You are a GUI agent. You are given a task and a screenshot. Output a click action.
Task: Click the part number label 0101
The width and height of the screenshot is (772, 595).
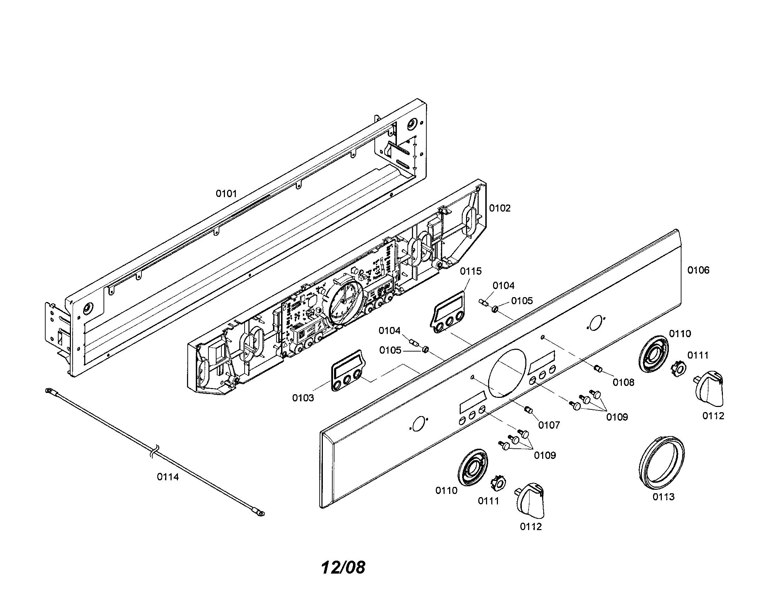tap(226, 194)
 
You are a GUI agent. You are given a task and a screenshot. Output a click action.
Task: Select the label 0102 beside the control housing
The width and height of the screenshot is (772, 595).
tap(500, 208)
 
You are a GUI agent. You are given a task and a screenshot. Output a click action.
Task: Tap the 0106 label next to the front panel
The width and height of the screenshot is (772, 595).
tap(698, 270)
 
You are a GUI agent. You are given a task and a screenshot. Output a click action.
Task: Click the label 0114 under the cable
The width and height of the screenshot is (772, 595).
tap(168, 477)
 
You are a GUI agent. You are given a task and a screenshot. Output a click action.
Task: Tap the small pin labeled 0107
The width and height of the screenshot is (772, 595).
tap(529, 409)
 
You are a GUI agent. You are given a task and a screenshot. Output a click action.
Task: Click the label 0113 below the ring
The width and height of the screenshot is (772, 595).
tap(664, 497)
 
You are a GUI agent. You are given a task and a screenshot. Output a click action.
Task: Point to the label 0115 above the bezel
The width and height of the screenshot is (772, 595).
tap(471, 271)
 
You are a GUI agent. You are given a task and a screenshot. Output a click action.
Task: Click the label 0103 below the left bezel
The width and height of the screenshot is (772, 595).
tap(303, 398)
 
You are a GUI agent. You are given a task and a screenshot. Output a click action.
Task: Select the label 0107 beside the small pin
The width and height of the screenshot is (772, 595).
tap(549, 425)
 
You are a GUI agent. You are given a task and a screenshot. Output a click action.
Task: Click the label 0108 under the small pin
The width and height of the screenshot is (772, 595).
tap(624, 382)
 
